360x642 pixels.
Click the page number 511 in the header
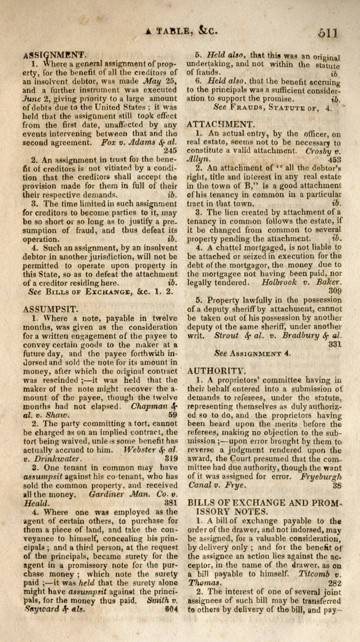326,32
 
